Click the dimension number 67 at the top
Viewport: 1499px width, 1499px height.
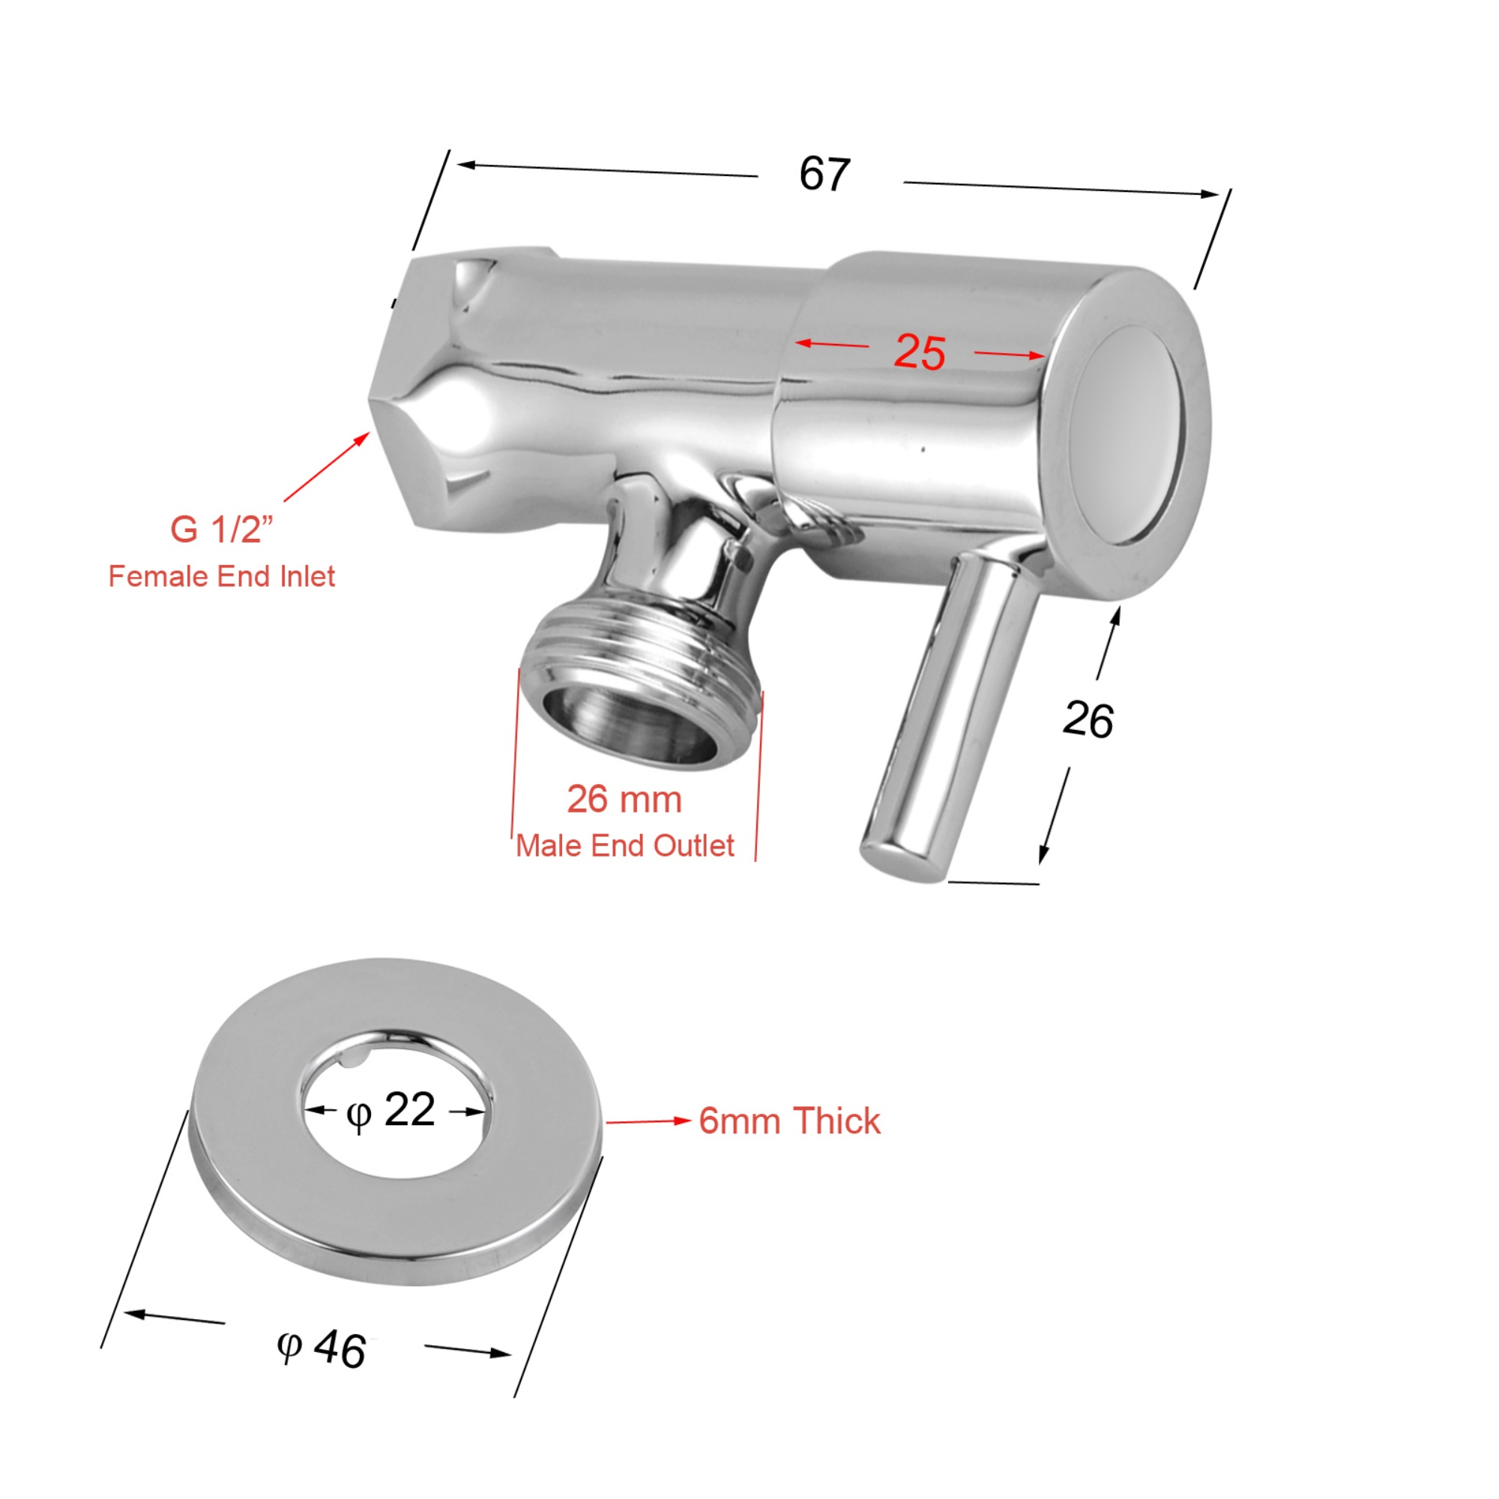pyautogui.click(x=824, y=174)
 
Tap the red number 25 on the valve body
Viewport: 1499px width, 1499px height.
pyautogui.click(x=920, y=353)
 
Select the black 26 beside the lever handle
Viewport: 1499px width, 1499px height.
pyautogui.click(x=1088, y=720)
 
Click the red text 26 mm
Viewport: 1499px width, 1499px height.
pyautogui.click(x=624, y=800)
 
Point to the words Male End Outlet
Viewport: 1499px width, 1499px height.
pyautogui.click(x=624, y=845)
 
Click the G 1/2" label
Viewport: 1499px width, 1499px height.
pyautogui.click(x=222, y=530)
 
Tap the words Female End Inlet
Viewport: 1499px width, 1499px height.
pyautogui.click(x=221, y=576)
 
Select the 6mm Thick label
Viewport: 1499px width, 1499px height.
pyautogui.click(x=789, y=1121)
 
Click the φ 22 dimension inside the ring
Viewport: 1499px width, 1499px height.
pyautogui.click(x=390, y=1111)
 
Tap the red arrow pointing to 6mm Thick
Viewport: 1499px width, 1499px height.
pyautogui.click(x=648, y=1121)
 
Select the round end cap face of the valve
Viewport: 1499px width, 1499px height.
pyautogui.click(x=1126, y=435)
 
